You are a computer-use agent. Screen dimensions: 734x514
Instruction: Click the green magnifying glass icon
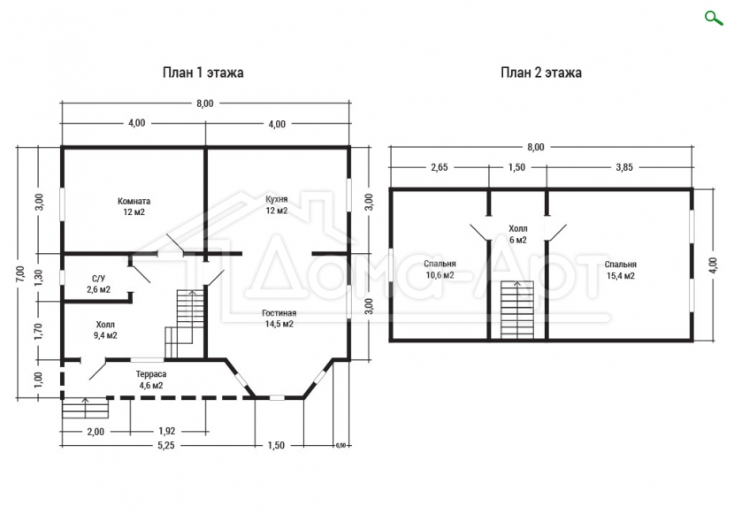click(714, 19)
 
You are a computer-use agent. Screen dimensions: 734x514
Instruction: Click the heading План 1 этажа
click(203, 73)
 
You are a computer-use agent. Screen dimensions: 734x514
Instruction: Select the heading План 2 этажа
click(541, 73)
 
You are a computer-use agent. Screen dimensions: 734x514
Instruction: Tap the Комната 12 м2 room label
click(134, 206)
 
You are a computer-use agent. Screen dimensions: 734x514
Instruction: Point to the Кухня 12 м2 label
click(277, 204)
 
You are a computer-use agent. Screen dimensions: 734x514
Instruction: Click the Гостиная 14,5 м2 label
click(279, 318)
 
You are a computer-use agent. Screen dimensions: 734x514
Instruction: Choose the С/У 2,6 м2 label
click(98, 284)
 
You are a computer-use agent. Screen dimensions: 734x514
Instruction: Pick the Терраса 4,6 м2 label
click(150, 380)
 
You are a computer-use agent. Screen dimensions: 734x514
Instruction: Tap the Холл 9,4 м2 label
click(105, 330)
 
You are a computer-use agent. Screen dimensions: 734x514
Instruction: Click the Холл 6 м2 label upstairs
click(517, 234)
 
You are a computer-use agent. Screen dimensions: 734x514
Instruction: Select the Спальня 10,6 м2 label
click(440, 269)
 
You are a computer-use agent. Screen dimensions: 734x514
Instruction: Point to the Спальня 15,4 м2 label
click(620, 270)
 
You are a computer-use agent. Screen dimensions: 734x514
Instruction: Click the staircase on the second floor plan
click(517, 310)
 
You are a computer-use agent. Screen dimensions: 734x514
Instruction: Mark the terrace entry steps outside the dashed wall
click(85, 408)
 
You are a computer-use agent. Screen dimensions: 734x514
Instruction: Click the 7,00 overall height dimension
click(19, 273)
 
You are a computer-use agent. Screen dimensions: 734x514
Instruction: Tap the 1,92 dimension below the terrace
click(167, 431)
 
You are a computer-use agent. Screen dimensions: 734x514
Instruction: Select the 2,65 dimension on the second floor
click(440, 167)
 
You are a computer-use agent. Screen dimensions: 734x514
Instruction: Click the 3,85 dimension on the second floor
click(624, 167)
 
